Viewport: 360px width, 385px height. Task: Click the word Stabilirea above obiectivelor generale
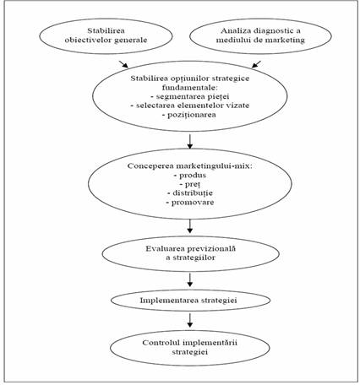click(x=106, y=30)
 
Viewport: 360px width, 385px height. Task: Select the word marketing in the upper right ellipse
click(x=286, y=40)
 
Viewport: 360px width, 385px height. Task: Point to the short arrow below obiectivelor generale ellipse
click(x=123, y=64)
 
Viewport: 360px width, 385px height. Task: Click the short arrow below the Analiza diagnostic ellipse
click(x=256, y=64)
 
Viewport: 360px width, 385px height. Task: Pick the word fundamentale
click(x=190, y=87)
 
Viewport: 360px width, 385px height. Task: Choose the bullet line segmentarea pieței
click(x=190, y=96)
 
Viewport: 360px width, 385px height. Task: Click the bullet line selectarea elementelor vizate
click(x=190, y=106)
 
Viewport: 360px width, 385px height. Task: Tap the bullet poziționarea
click(x=189, y=115)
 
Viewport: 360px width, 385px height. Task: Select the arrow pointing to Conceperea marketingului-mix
click(x=190, y=141)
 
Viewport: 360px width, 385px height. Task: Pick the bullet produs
click(x=190, y=175)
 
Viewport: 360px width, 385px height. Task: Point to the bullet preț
click(x=190, y=184)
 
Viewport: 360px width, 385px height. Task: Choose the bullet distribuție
click(x=190, y=193)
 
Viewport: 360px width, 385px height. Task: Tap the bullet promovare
click(x=190, y=203)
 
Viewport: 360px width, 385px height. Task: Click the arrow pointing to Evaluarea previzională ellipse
click(x=190, y=226)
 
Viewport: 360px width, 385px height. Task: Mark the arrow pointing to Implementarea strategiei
click(x=190, y=279)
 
